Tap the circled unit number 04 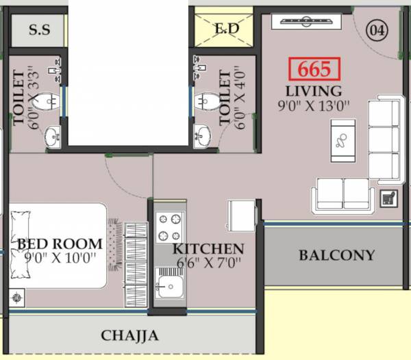point(375,29)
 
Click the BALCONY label point(337,255)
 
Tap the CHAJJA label point(130,335)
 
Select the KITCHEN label point(208,248)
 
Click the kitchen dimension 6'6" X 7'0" point(208,263)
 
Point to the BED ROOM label point(60,244)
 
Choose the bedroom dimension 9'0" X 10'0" point(60,258)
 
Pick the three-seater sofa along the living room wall point(384,139)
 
